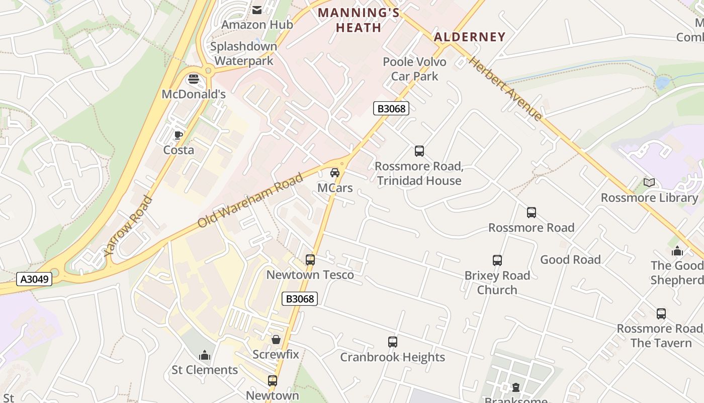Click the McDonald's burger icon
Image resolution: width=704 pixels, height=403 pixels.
click(194, 79)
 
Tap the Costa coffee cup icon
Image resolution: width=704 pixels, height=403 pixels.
click(178, 135)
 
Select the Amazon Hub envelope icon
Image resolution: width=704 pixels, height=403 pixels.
click(257, 10)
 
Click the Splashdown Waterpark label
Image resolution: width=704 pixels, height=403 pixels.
click(244, 53)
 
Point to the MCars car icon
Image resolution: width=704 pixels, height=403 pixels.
click(335, 173)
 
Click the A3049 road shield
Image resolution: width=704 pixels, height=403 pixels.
click(34, 279)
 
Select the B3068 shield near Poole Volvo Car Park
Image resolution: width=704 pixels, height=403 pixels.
click(391, 108)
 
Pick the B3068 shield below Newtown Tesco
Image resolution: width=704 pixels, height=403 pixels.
click(300, 299)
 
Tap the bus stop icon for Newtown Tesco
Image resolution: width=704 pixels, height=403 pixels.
click(310, 260)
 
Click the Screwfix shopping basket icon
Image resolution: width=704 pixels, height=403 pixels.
click(276, 340)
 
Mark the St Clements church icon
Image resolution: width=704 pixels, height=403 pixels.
click(204, 355)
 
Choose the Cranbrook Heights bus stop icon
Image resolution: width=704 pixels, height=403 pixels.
click(393, 342)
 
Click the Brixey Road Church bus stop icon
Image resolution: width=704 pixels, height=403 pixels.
click(497, 260)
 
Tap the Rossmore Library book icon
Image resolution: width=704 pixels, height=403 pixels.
click(649, 182)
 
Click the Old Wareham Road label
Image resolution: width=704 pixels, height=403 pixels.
click(250, 200)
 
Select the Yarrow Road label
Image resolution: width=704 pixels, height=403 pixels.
click(127, 226)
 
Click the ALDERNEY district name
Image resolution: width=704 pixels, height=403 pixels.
click(469, 37)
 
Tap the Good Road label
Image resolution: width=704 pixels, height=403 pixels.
click(570, 259)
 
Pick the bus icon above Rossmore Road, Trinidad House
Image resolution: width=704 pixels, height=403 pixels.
click(419, 151)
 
